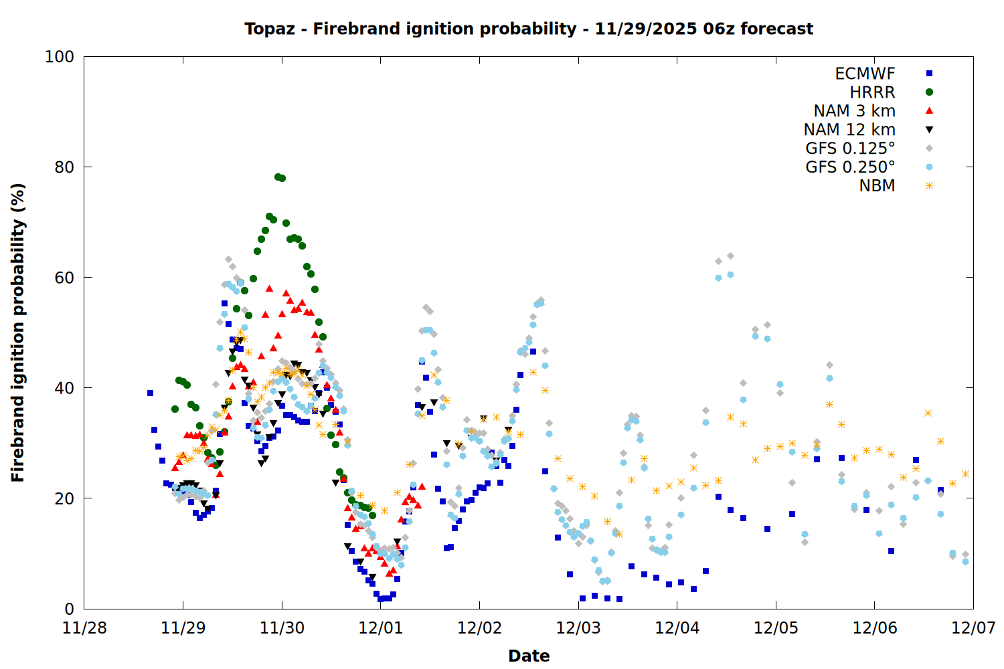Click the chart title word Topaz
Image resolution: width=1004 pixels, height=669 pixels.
coord(265,29)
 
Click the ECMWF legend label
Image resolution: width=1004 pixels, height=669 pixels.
coord(865,74)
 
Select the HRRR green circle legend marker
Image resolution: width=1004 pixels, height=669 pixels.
coord(929,92)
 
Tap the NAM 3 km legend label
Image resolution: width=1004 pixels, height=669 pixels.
coord(854,111)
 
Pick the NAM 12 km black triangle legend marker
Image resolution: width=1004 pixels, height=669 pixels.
coord(929,130)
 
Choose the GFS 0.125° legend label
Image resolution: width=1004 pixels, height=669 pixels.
coord(850,149)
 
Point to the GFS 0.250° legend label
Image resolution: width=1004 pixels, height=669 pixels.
coord(850,167)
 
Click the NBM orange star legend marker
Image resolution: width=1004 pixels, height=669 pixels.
coord(929,186)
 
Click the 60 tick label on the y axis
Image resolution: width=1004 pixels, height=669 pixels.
coord(64,278)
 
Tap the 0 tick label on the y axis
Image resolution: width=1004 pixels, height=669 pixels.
coord(69,609)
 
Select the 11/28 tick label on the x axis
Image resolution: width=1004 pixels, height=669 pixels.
coord(84,628)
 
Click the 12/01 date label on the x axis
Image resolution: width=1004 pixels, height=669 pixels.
coord(381,628)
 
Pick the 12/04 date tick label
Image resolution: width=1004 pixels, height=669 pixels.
coord(677,628)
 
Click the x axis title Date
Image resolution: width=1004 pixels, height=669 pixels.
coord(529,656)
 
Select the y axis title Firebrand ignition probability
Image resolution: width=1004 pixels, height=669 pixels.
coord(18,332)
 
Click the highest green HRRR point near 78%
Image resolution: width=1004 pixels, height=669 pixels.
coord(278,177)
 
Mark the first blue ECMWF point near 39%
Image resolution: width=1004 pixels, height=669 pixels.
coord(150,393)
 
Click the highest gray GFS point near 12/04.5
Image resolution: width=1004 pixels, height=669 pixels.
coord(730,256)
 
